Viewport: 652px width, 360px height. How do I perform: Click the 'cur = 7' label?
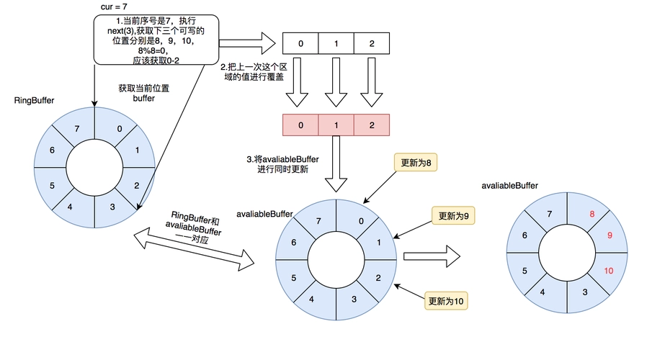(x=115, y=6)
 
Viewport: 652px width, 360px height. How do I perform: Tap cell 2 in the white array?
(x=372, y=43)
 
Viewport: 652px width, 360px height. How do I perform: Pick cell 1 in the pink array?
(x=336, y=125)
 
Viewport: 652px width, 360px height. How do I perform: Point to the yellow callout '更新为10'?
(x=447, y=301)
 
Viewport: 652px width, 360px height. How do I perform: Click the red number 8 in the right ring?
(x=591, y=215)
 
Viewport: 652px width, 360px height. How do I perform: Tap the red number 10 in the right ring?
(x=609, y=271)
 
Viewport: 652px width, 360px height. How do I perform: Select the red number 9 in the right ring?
(x=609, y=235)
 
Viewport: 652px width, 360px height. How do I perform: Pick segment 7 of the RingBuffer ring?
(x=77, y=128)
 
